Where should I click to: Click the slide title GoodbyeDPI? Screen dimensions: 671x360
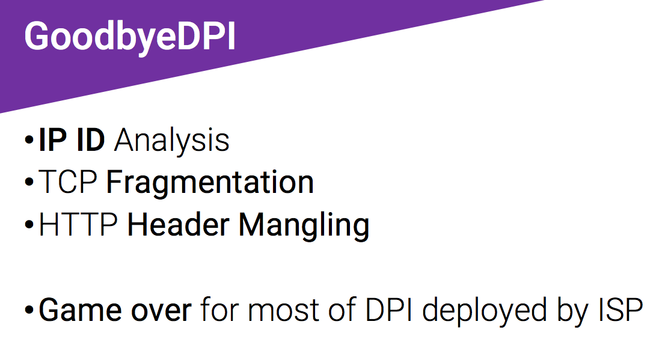pos(130,38)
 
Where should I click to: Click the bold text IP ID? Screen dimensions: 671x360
pos(72,140)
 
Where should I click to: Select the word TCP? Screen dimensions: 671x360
pos(68,182)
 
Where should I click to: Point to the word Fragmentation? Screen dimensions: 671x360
pos(210,182)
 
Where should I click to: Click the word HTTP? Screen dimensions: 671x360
pos(78,224)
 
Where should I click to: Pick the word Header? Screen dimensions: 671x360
pos(179,224)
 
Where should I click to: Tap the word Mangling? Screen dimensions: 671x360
pos(304,227)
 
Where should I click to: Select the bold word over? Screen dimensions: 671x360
pos(161,312)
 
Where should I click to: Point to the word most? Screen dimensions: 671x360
pos(284,311)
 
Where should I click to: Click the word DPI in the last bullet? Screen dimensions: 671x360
pos(388,310)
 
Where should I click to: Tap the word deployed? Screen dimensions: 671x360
pos(485,312)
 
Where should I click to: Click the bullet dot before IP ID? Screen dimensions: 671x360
pos(29,140)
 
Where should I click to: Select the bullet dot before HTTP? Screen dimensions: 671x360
pos(29,225)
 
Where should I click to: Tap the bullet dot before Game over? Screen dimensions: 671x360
pos(29,310)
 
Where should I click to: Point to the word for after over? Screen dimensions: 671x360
pos(219,310)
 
